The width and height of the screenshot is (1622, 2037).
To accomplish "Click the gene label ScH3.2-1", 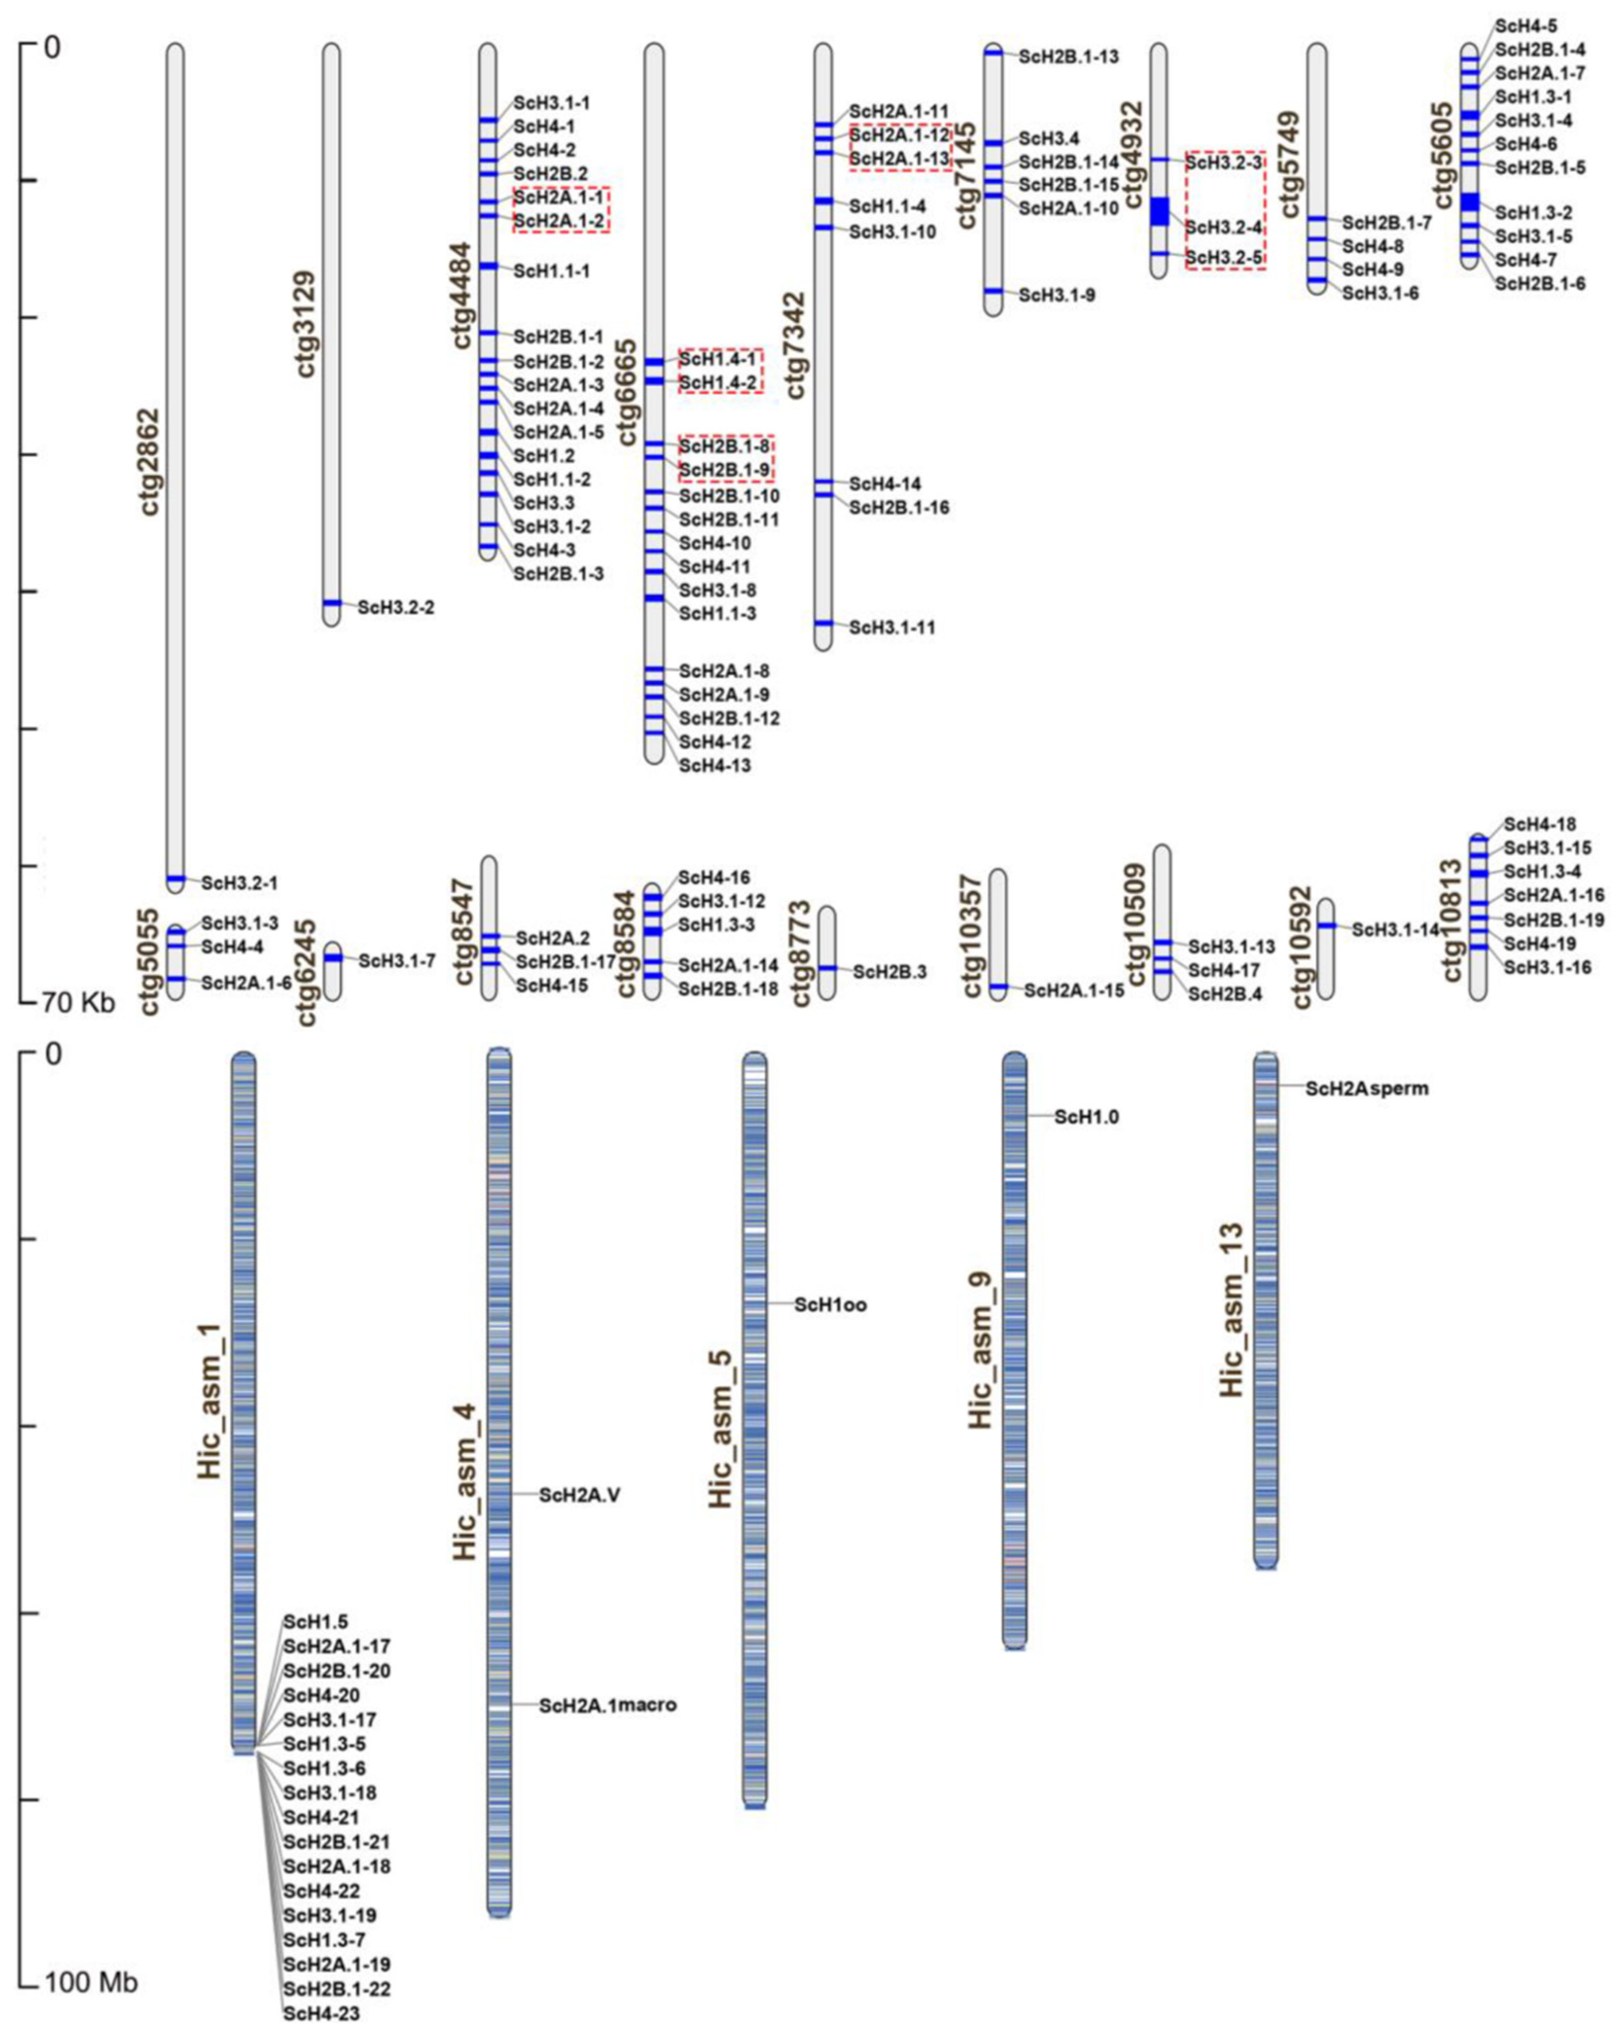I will tap(239, 884).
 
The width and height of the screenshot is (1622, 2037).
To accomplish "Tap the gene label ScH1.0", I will tap(1086, 1117).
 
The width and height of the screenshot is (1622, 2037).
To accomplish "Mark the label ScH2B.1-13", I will tap(1068, 57).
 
